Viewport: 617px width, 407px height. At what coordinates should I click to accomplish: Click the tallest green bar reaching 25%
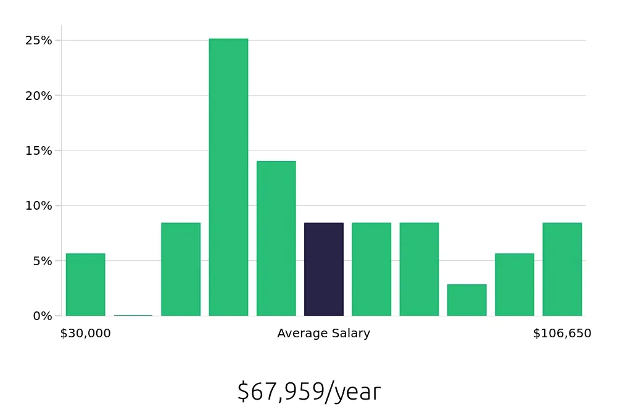228,178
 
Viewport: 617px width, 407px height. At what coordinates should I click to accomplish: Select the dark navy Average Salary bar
324,269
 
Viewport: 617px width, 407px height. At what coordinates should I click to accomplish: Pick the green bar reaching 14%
276,239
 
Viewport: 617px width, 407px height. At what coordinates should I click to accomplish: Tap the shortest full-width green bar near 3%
466,300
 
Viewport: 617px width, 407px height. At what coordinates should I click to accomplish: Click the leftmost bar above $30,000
85,285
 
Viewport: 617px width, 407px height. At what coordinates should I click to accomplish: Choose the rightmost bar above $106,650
562,269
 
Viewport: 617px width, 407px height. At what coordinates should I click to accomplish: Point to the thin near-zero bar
133,315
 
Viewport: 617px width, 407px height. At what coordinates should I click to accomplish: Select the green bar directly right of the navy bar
371,269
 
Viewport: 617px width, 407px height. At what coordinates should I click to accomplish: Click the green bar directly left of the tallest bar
181,269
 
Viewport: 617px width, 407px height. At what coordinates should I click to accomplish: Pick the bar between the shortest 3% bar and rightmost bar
515,285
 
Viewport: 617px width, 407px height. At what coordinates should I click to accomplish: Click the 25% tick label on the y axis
38,41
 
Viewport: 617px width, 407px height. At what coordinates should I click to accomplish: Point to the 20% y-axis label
38,96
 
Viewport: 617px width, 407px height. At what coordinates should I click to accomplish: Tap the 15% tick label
38,150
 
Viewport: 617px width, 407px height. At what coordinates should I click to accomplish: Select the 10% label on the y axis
38,206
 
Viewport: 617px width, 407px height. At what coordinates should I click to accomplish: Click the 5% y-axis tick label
41,261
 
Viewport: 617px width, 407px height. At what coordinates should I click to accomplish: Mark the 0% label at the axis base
41,316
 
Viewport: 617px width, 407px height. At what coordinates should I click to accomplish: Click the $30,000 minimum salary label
85,334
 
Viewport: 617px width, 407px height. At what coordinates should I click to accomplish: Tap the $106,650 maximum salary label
562,334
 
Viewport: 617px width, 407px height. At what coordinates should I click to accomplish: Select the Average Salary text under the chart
324,334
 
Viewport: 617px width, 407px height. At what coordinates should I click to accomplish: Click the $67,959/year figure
308,392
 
